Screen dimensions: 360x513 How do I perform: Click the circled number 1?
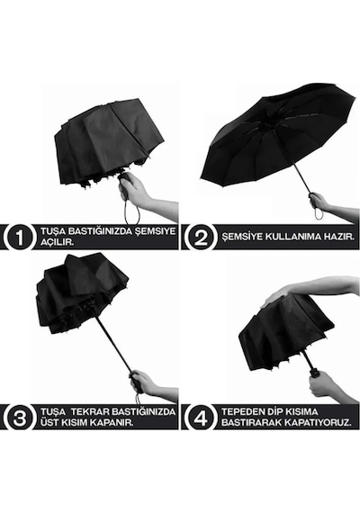tap(20, 237)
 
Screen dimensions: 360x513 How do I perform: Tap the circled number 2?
tap(201, 237)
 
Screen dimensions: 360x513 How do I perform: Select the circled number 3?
tap(20, 418)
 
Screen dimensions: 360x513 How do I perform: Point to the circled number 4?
tap(200, 418)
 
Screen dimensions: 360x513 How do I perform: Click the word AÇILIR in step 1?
tap(57, 242)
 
